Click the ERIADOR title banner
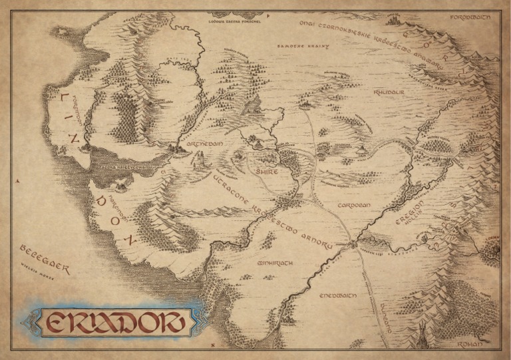[112, 321]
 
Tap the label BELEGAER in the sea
[45, 257]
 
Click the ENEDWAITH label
[339, 294]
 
